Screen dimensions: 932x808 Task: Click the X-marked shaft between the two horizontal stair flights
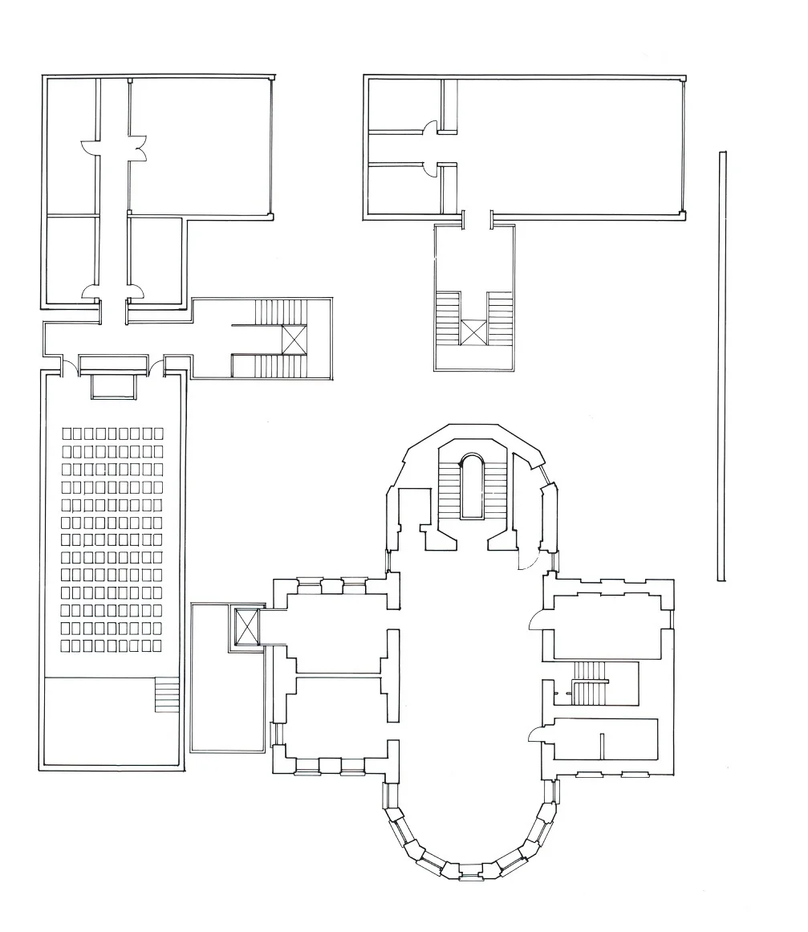click(294, 339)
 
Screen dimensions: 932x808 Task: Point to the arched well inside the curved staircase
click(472, 486)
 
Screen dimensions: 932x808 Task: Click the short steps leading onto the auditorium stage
click(167, 695)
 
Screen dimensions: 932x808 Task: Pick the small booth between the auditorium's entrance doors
click(112, 385)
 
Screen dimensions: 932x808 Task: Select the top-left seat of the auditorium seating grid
click(67, 433)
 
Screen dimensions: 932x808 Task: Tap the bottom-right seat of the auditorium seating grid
click(157, 645)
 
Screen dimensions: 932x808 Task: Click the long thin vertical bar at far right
click(722, 365)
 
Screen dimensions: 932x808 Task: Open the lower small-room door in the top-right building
click(432, 168)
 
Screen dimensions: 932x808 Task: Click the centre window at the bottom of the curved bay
click(471, 872)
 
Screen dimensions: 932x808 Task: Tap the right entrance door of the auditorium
click(157, 368)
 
